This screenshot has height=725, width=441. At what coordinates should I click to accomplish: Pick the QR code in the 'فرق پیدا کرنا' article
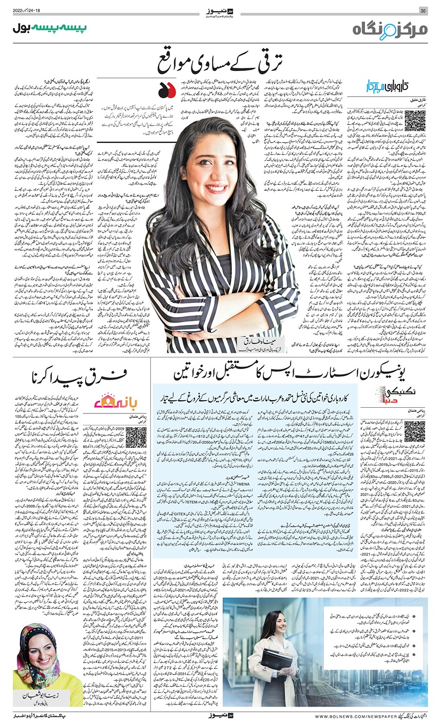click(136, 437)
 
